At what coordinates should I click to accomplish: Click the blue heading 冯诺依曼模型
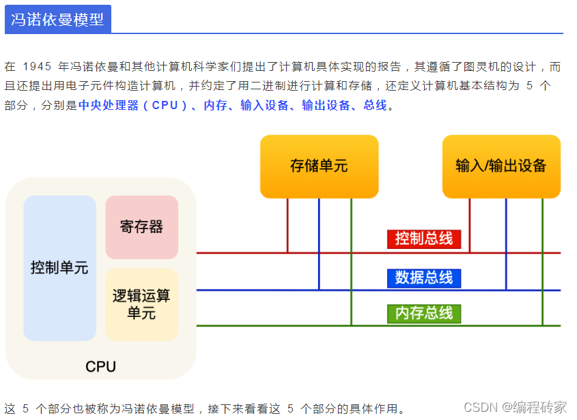(57, 19)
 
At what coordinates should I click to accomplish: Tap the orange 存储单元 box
(319, 166)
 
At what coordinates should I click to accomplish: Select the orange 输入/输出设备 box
(501, 166)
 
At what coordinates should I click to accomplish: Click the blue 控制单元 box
(59, 268)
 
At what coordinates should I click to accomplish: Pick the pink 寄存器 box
(141, 227)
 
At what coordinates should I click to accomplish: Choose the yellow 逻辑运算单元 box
(141, 304)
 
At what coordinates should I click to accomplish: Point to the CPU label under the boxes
(100, 367)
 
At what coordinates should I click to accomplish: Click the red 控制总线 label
(423, 239)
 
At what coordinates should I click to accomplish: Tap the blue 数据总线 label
(423, 277)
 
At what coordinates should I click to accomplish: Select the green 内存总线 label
(423, 314)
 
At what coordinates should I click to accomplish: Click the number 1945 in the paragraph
(37, 67)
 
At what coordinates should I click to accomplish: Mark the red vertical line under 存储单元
(287, 225)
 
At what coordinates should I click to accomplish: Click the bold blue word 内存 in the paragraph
(215, 105)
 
